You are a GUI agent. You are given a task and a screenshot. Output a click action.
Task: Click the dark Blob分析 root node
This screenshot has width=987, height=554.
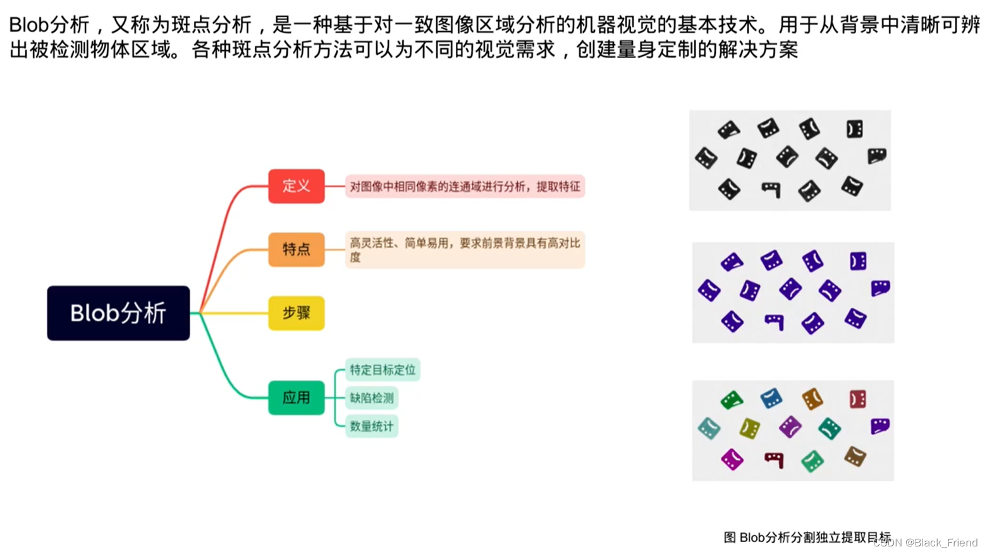point(118,313)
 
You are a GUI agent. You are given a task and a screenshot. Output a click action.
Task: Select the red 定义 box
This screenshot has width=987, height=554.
point(296,186)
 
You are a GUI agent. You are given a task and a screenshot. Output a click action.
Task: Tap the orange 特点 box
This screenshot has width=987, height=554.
point(296,249)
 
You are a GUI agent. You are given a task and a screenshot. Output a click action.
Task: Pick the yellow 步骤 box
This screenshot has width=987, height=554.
point(296,313)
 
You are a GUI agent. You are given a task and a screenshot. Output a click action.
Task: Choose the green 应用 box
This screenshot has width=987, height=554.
point(296,398)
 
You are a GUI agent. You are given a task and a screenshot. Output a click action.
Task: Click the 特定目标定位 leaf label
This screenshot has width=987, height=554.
point(383,370)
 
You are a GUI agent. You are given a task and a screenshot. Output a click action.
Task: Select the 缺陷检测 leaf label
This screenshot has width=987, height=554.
point(372,398)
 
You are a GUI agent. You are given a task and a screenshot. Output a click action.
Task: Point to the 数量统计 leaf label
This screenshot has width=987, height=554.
point(372,426)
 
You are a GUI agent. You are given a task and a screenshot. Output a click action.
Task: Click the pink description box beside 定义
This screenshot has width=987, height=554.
point(465,187)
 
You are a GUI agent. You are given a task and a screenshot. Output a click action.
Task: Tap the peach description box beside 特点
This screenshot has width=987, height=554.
point(465,250)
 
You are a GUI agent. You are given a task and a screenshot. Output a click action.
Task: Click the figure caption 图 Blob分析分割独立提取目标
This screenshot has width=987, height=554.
point(806,538)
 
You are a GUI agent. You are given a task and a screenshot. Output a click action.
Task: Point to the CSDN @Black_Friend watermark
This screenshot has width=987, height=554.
point(927,543)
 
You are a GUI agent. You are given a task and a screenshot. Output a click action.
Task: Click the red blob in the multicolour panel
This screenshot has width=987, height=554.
point(857,399)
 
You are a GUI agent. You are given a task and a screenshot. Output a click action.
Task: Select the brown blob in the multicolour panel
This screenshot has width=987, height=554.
point(854,456)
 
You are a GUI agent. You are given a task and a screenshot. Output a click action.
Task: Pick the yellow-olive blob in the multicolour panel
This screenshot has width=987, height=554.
point(750,429)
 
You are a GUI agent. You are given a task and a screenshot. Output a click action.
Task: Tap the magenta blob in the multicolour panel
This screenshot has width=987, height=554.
point(732,459)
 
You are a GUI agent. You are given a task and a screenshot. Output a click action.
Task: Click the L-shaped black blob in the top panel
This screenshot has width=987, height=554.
point(771,189)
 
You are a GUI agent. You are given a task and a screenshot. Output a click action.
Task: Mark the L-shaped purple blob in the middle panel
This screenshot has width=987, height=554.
point(775,321)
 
